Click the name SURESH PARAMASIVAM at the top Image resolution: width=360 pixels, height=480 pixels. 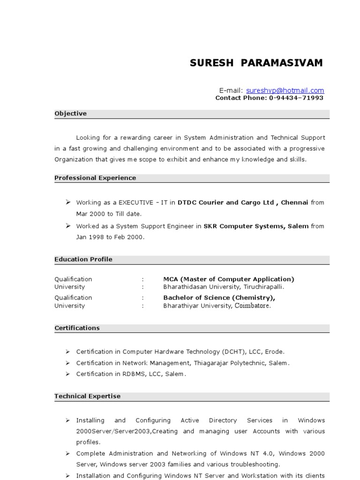(x=256, y=63)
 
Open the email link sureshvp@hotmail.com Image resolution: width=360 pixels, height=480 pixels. (x=285, y=90)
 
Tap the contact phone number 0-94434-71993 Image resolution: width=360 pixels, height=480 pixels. (x=296, y=98)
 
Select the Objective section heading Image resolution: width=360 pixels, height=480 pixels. (x=70, y=113)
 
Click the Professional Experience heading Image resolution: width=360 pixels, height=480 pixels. (x=95, y=178)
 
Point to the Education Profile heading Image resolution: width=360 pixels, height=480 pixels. (x=83, y=259)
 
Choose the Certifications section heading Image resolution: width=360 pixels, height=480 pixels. (x=77, y=328)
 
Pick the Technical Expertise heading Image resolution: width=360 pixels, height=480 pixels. (x=87, y=396)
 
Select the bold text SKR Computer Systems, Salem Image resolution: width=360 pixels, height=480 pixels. (x=256, y=226)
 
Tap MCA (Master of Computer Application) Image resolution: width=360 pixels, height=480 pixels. (x=229, y=279)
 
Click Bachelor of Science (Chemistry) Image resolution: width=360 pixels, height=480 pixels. (x=219, y=298)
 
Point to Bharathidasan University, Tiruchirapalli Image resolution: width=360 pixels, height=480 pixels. (x=224, y=287)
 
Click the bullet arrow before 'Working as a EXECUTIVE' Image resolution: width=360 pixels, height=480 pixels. (x=67, y=202)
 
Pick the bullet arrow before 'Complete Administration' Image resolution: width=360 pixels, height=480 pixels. (x=67, y=453)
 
